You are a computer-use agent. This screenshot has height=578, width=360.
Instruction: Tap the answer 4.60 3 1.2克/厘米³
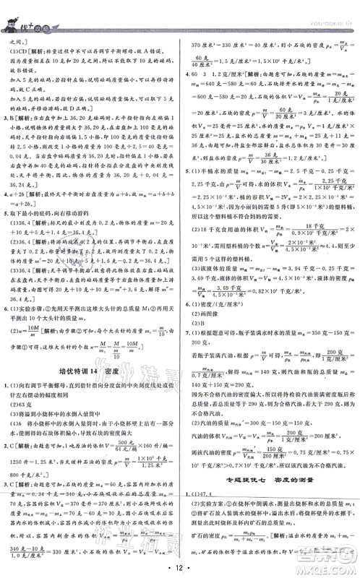coord(217,73)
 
